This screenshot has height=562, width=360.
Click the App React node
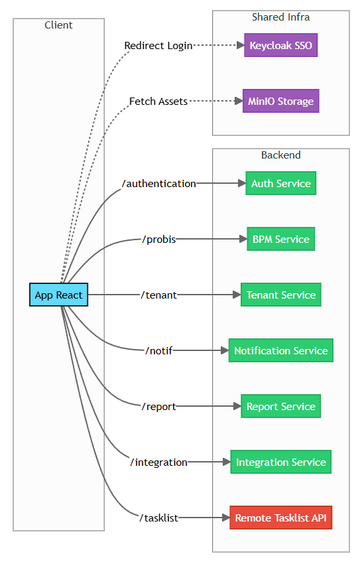[x=58, y=295]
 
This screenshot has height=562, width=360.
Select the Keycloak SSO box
[x=280, y=46]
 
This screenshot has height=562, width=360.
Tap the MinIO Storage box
[x=280, y=102]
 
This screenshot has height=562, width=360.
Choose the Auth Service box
[x=280, y=184]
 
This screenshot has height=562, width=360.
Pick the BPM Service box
[x=280, y=239]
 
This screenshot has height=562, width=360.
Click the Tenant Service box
[x=280, y=295]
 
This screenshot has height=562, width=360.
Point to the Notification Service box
[x=280, y=350]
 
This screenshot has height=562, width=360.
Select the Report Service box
[x=280, y=406]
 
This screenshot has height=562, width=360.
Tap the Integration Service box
[x=280, y=462]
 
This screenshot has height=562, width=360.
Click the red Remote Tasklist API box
[x=280, y=518]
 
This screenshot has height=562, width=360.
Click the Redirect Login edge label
[x=158, y=46]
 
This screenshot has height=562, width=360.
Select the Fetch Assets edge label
[x=158, y=102]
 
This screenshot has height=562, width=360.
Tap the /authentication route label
[x=159, y=184]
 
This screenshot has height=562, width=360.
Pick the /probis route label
[x=159, y=239]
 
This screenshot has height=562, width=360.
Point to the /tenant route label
[x=159, y=295]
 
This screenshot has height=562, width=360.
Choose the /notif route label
[x=159, y=350]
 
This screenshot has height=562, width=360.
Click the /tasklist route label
[x=159, y=518]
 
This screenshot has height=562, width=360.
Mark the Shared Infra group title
[x=280, y=17]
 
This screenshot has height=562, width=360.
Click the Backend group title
[x=280, y=155]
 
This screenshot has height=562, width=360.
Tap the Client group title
[x=58, y=25]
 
